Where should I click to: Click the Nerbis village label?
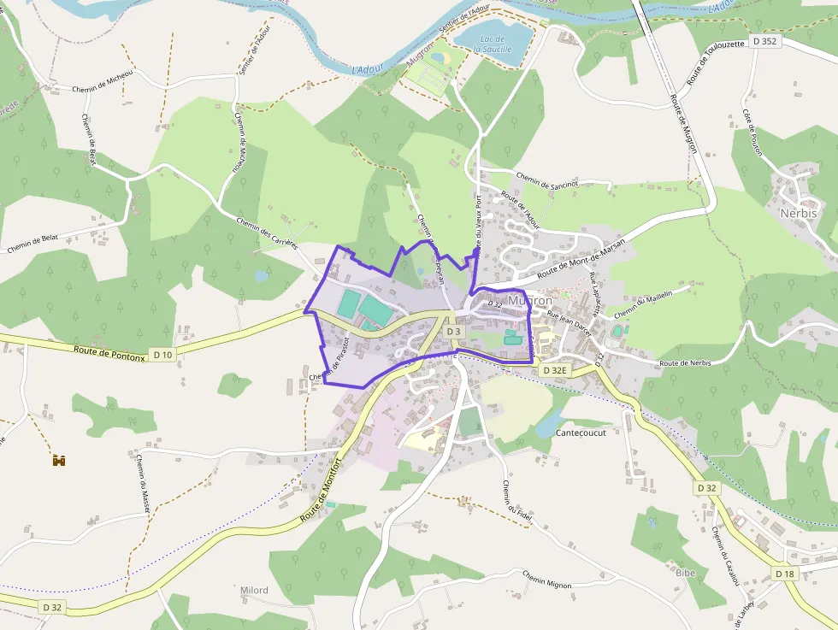coord(798,213)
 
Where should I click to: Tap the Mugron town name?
coord(530,301)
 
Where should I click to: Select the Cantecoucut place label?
coord(581,433)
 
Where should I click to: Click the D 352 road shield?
coord(766,41)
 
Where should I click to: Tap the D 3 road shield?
coord(453,332)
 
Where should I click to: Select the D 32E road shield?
coord(554,370)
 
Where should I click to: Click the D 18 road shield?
coord(785,574)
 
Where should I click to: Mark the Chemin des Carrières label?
coord(265,231)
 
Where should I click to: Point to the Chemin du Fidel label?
coord(517,498)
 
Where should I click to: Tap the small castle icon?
coord(59,460)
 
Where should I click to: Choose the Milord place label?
coord(254,591)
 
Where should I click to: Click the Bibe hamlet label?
coord(686,572)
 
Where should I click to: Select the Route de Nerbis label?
coord(686,363)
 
